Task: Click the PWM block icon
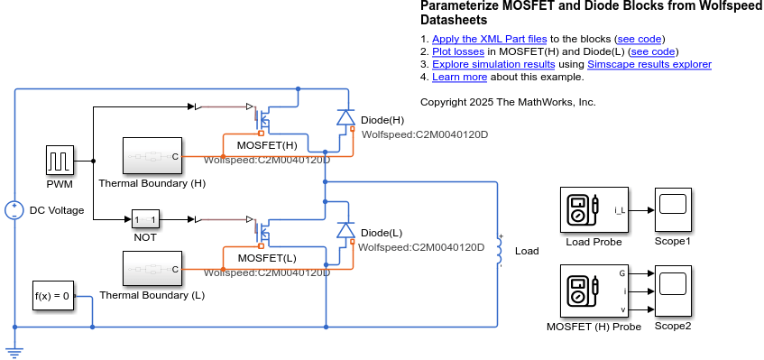click(60, 162)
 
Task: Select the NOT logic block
click(145, 219)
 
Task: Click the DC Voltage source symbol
click(14, 210)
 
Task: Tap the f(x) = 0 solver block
click(52, 295)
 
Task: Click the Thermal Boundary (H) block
click(152, 156)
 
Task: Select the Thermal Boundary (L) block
click(152, 269)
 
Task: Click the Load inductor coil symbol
click(499, 252)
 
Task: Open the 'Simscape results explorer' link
click(649, 64)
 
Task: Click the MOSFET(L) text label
click(266, 257)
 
